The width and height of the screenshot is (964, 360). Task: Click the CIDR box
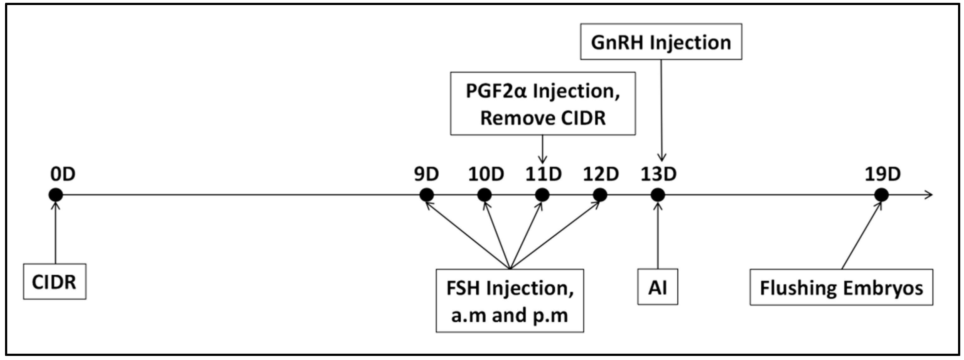(x=55, y=282)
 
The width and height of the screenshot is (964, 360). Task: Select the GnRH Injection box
(x=661, y=42)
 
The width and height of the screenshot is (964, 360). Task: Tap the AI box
(x=657, y=287)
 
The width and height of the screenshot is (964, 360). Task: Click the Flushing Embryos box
(x=841, y=287)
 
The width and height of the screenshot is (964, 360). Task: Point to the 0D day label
(x=63, y=174)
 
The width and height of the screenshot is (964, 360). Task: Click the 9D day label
(x=426, y=174)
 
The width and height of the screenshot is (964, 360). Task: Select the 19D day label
(x=882, y=174)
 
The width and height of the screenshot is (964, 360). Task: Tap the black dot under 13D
(x=657, y=195)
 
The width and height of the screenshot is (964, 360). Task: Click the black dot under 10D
(x=484, y=195)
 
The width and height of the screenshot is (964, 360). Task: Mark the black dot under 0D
(x=56, y=195)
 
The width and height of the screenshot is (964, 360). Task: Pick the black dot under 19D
(x=881, y=195)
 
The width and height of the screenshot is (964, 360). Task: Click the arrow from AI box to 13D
(x=657, y=236)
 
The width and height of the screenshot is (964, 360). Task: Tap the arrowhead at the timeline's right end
(x=929, y=195)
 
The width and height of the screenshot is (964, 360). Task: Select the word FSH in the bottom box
(x=463, y=288)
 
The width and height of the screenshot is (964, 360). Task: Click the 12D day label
(x=600, y=174)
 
